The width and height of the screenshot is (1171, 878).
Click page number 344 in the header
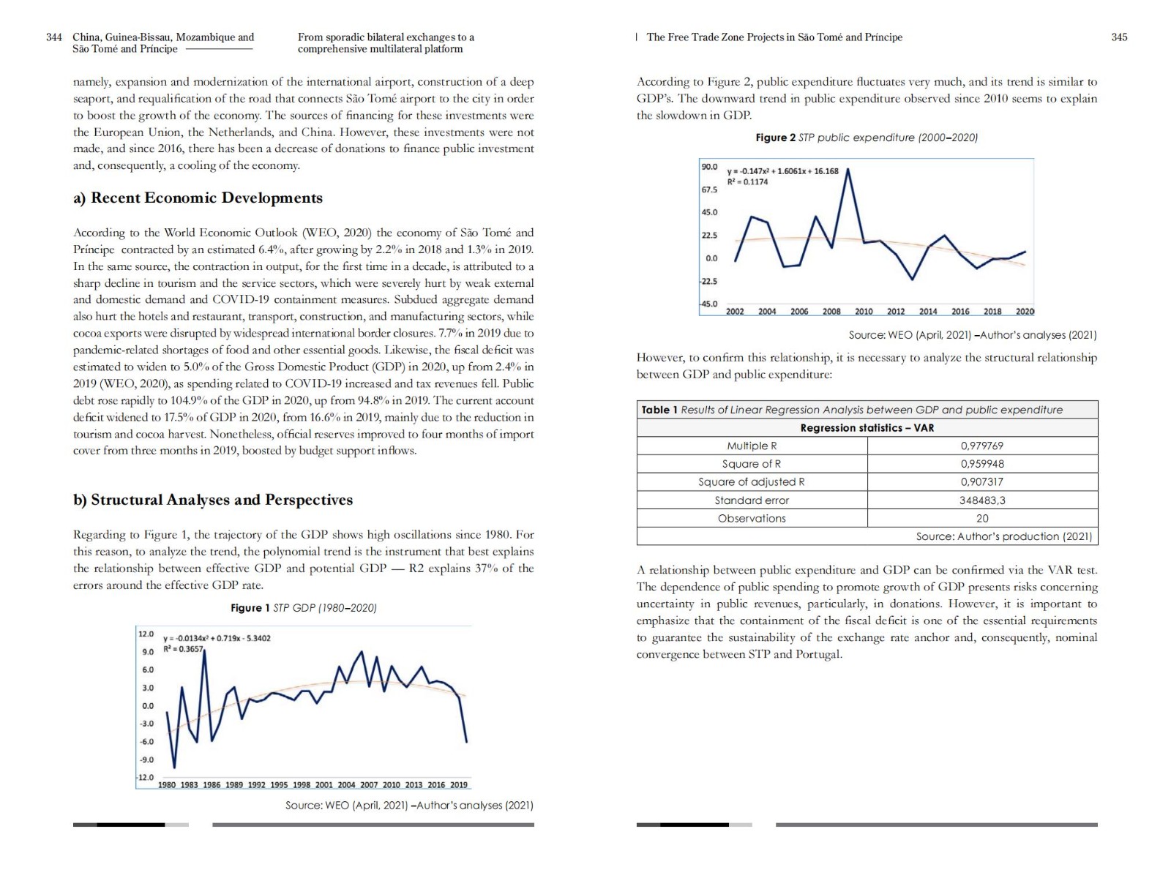pos(53,37)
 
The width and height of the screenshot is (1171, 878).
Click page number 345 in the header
pos(1119,37)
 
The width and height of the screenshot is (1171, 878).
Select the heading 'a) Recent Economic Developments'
pos(198,198)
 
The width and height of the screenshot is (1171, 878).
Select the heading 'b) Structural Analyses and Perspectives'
pos(213,500)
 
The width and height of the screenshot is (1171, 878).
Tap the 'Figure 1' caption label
pos(250,608)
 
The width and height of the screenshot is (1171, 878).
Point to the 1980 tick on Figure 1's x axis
pos(167,785)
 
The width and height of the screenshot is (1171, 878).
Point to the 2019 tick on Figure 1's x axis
pos(459,785)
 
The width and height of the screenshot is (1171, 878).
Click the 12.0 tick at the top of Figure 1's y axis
pos(146,634)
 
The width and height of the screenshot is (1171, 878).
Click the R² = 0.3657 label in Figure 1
pos(183,649)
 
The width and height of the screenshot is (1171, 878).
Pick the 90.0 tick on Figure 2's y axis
pos(710,167)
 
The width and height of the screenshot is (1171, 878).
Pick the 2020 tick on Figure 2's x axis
pos(1025,312)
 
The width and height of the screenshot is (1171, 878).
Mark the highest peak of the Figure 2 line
pos(848,170)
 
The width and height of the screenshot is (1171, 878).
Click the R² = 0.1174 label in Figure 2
pos(747,182)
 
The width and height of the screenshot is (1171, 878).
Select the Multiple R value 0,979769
pos(981,446)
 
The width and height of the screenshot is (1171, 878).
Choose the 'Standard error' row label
pos(752,500)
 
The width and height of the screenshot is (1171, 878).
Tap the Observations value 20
pos(982,518)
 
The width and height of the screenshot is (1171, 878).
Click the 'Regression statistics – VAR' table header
pos(867,428)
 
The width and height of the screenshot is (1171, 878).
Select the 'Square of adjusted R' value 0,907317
pos(981,482)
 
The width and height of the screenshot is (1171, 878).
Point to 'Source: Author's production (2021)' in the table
pos(1003,536)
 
